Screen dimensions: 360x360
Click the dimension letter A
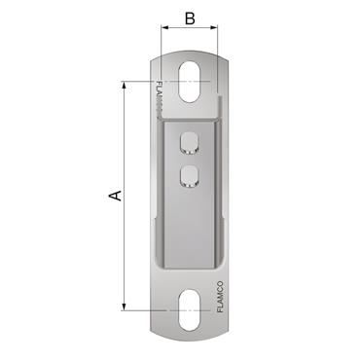tap(114, 196)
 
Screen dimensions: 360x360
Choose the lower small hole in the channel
tap(189, 176)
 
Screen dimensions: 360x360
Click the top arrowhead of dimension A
tap(126, 86)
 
